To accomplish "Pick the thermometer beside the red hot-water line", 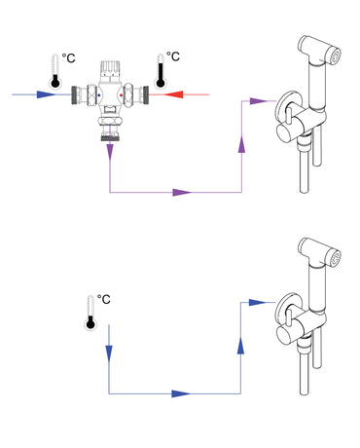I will pos(158,74).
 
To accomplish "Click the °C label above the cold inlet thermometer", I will pos(69,58).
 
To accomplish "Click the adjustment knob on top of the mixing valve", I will pos(110,65).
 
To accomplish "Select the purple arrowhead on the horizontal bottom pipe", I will pos(179,193).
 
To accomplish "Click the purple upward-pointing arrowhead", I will pos(241,144).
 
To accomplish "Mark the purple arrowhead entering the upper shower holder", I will pos(256,100).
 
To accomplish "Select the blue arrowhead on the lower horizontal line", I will pos(178,393).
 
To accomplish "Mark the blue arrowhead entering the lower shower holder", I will pos(256,303).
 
